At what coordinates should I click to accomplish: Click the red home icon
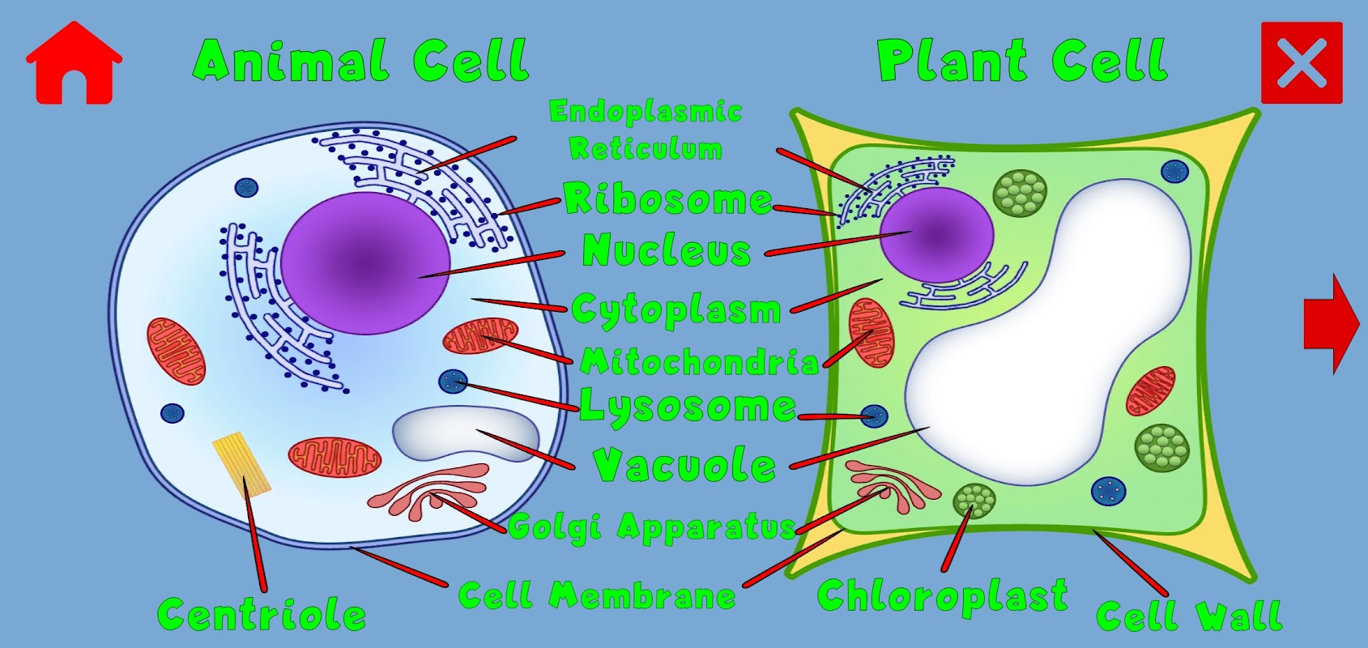[x=74, y=64]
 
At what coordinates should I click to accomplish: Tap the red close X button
[x=1302, y=63]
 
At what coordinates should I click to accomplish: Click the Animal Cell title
[x=361, y=61]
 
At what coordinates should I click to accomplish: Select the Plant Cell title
[x=1022, y=61]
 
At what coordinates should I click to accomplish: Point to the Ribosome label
[x=667, y=199]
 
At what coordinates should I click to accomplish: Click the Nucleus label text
[x=667, y=250]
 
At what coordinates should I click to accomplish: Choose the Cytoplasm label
[x=675, y=309]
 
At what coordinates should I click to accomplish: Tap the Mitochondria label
[x=699, y=362]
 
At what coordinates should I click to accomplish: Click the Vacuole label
[x=684, y=466]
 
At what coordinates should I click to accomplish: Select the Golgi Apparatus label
[x=653, y=527]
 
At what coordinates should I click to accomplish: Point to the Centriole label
[x=261, y=615]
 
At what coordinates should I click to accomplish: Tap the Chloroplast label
[x=942, y=597]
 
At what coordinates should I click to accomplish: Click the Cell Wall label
[x=1189, y=616]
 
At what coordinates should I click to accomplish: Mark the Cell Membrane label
[x=597, y=596]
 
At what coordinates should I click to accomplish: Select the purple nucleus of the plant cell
[x=936, y=234]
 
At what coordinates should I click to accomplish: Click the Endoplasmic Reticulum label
[x=646, y=130]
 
